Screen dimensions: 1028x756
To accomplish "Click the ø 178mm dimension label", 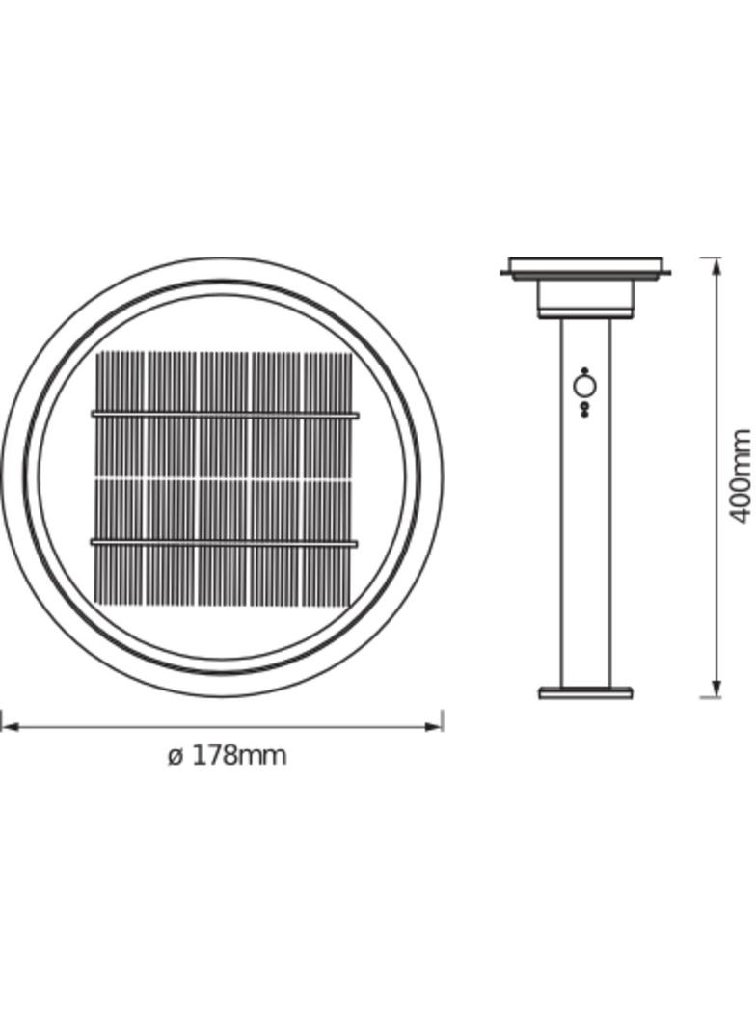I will click(228, 755).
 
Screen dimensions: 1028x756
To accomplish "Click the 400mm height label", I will click(739, 476).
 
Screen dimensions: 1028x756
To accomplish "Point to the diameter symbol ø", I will click(175, 756).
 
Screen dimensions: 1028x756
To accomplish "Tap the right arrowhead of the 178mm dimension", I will click(435, 726).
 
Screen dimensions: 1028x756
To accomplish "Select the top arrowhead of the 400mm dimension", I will click(715, 266).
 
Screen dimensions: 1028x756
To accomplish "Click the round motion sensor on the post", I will click(585, 388).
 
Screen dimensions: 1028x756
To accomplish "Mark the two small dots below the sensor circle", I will click(585, 409).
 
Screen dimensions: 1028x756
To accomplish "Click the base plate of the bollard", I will click(585, 692).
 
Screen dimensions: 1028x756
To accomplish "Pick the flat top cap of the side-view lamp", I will click(585, 266).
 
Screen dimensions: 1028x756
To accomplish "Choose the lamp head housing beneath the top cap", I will click(585, 298).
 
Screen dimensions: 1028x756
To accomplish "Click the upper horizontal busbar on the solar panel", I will click(225, 415).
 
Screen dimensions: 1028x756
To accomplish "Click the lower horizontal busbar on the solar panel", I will click(225, 544).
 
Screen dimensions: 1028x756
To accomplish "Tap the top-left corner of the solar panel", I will click(98, 354).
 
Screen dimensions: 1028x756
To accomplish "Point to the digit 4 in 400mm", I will click(739, 512).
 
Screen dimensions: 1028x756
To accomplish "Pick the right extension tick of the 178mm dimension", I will click(442, 720).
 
